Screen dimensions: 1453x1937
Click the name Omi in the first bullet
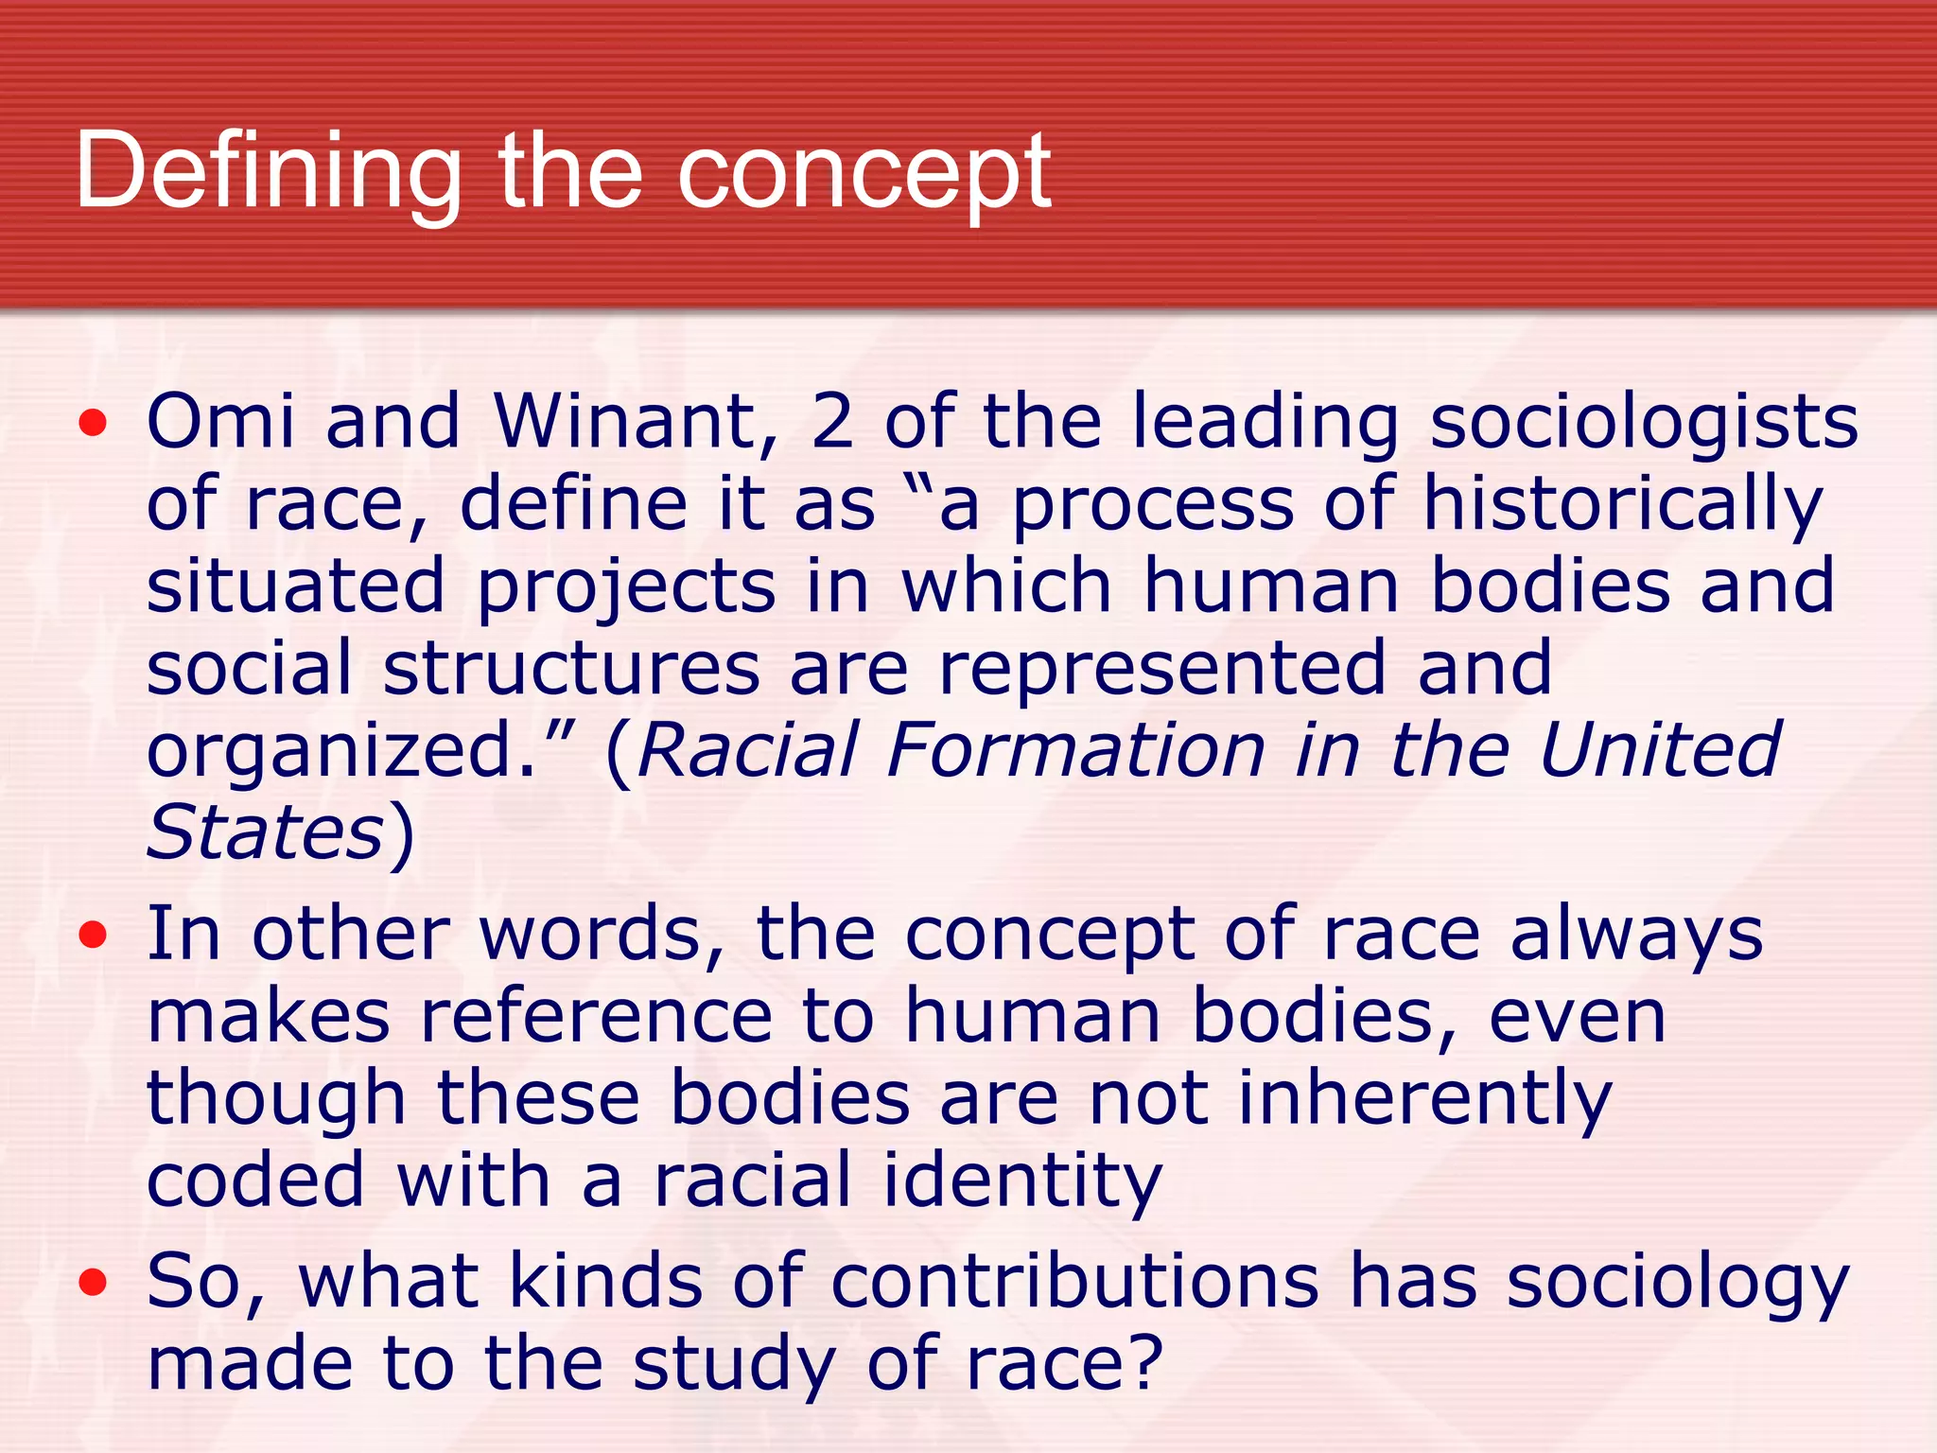pos(220,421)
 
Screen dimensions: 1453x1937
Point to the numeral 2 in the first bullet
pos(832,421)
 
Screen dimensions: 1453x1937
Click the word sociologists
pos(1644,423)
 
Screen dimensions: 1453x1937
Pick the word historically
pos(1623,504)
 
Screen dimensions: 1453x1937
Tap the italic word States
pos(265,832)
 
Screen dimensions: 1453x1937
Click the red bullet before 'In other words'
pos(93,937)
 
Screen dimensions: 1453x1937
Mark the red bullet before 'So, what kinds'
pos(93,1284)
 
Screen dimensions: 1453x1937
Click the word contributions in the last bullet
pos(1074,1282)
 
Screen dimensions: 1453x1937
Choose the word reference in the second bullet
pos(597,1017)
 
